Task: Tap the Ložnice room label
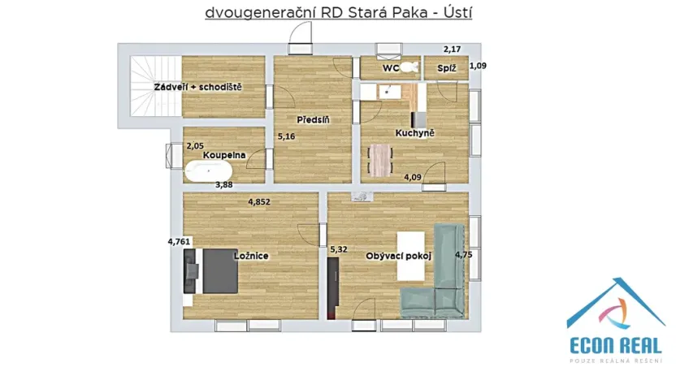[251, 256]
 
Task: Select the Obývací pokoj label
[398, 256]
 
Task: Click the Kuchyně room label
[415, 132]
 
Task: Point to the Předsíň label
[312, 119]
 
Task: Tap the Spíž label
[446, 68]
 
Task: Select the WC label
[391, 68]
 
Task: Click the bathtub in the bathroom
[209, 171]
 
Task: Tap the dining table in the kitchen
[379, 159]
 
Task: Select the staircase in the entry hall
[149, 88]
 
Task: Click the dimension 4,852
[262, 203]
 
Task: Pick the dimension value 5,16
[286, 136]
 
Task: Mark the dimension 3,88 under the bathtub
[223, 185]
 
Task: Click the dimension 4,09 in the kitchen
[414, 175]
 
